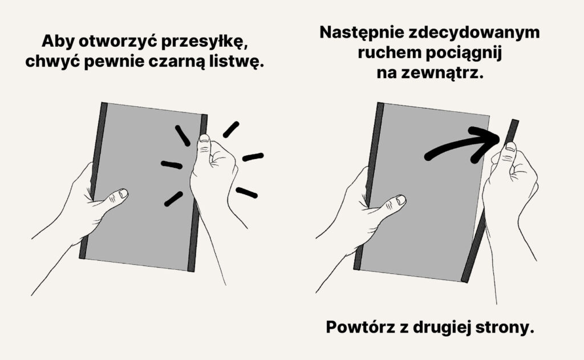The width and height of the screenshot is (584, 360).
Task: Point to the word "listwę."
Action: click(x=237, y=61)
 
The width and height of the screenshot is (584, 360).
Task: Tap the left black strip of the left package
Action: click(x=94, y=180)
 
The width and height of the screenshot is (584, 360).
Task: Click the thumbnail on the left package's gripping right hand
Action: click(x=204, y=138)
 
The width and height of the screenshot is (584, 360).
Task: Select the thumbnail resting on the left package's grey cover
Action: click(x=123, y=193)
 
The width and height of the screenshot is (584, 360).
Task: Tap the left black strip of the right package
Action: click(x=369, y=185)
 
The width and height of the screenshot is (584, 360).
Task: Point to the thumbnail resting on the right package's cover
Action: click(x=400, y=200)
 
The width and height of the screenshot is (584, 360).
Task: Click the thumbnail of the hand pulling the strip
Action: click(x=510, y=147)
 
